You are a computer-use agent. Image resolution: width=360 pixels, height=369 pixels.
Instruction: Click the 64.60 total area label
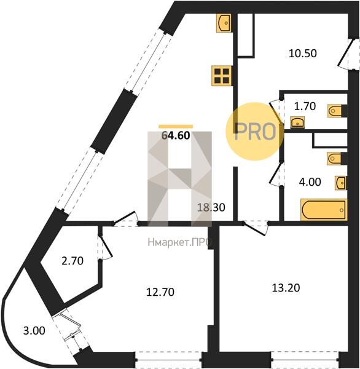click(x=176, y=135)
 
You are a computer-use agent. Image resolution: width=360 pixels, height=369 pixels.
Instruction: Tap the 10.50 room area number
click(x=303, y=54)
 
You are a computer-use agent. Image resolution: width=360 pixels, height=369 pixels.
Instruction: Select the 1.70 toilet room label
click(x=305, y=106)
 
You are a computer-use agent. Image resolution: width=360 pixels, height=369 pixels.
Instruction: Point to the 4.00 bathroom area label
click(x=310, y=182)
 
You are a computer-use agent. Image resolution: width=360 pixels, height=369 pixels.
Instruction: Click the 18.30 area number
click(x=211, y=207)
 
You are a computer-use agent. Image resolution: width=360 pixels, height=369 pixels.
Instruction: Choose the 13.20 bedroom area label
click(x=286, y=288)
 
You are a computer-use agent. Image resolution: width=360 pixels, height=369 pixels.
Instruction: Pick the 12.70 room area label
click(x=160, y=292)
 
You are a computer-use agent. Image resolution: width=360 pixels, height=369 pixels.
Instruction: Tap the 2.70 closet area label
click(x=72, y=261)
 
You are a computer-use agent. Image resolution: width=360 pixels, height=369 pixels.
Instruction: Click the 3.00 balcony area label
click(x=34, y=331)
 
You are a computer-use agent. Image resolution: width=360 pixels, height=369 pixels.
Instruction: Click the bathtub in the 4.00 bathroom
click(x=324, y=210)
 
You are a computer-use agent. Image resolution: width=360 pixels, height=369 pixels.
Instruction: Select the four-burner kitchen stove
click(x=222, y=76)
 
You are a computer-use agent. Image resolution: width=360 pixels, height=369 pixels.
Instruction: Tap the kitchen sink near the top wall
click(x=224, y=23)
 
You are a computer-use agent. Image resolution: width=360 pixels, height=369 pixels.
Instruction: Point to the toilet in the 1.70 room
click(x=337, y=111)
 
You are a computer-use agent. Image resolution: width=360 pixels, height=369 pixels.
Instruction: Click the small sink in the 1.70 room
click(x=297, y=122)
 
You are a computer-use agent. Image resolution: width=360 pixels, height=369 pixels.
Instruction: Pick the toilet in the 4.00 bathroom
click(x=337, y=159)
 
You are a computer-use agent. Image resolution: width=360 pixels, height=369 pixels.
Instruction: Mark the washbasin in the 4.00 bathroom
click(x=341, y=183)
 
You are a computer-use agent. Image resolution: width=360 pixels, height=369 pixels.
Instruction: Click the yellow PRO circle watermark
click(x=255, y=132)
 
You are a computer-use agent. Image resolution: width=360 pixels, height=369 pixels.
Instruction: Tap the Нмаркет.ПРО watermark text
click(x=179, y=242)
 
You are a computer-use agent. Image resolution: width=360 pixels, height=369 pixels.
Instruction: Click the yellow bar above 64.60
click(x=176, y=127)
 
